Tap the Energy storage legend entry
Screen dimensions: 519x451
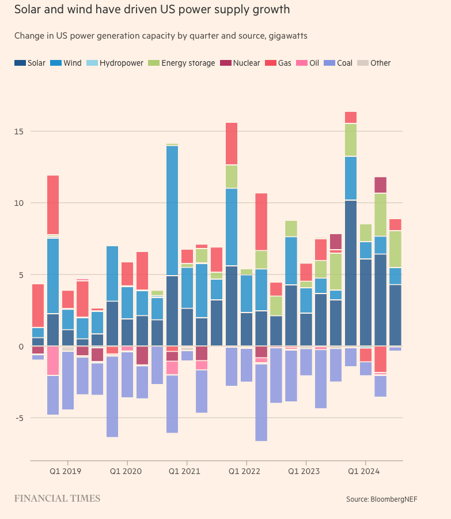click(x=183, y=63)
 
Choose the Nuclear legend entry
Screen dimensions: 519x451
click(x=241, y=63)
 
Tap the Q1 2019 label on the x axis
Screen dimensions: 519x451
click(x=65, y=471)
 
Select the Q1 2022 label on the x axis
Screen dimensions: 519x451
click(x=244, y=471)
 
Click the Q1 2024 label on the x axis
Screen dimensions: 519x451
click(x=363, y=471)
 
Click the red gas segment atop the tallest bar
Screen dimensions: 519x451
click(x=351, y=118)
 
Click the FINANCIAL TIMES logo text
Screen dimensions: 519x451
click(x=57, y=498)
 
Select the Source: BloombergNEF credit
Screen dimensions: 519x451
click(x=381, y=499)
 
